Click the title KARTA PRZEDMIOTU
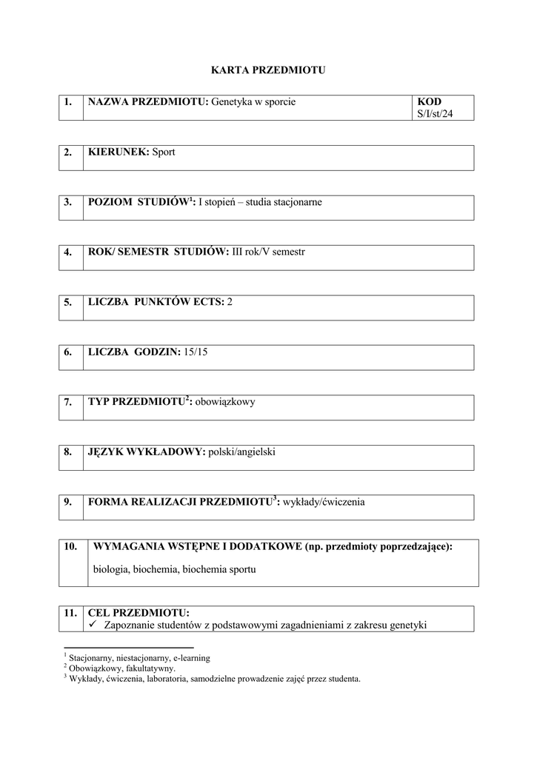click(268, 70)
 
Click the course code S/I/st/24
click(436, 114)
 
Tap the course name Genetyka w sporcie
click(253, 101)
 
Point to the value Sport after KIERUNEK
click(164, 152)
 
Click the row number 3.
click(68, 202)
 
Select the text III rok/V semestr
click(269, 252)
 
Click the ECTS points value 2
click(230, 302)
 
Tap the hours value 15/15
click(196, 352)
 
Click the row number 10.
click(70, 547)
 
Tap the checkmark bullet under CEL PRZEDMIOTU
click(93, 625)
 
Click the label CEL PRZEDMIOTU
click(139, 613)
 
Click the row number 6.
click(68, 352)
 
